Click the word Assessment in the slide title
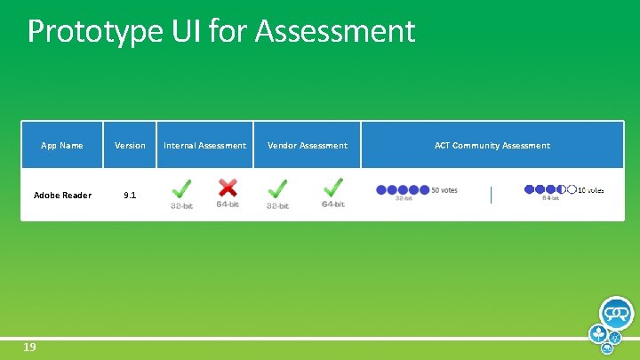click(x=335, y=32)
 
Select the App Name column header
click(x=62, y=146)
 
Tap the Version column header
click(x=130, y=146)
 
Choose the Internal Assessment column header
click(x=205, y=146)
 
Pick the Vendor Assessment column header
click(x=308, y=146)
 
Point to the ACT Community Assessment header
click(x=492, y=146)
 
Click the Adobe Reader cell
click(x=62, y=196)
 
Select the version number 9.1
click(x=130, y=196)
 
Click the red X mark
click(x=228, y=188)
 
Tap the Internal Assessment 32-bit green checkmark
click(x=181, y=189)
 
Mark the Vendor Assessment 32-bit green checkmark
click(x=277, y=189)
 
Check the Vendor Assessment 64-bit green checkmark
click(x=333, y=188)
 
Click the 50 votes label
click(x=444, y=189)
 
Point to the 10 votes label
click(x=591, y=189)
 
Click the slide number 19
click(x=29, y=348)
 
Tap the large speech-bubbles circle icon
click(x=616, y=314)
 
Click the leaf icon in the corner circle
click(x=597, y=334)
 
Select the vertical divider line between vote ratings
click(x=491, y=195)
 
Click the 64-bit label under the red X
click(x=228, y=204)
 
